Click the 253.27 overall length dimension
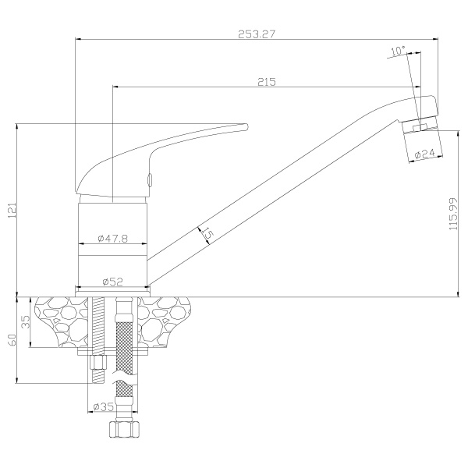tap(256, 34)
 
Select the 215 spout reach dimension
tap(267, 82)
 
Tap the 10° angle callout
tap(399, 51)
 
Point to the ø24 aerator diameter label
tap(425, 154)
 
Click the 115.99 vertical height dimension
tap(453, 214)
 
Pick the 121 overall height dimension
tap(12, 210)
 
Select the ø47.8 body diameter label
tap(113, 238)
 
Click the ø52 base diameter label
tap(113, 281)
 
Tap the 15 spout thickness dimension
tap(207, 234)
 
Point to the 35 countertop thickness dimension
tap(27, 322)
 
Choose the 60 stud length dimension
tap(12, 340)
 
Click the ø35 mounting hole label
tap(103, 406)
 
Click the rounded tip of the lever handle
tap(246, 126)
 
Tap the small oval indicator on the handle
tap(150, 179)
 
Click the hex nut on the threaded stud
tap(98, 362)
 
